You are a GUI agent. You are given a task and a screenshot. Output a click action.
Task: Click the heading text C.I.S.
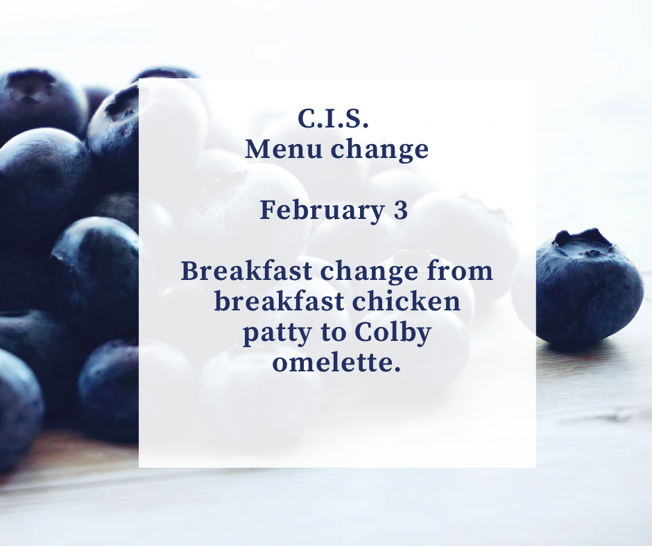click(334, 118)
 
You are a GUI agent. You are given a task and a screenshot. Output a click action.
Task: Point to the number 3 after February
click(401, 210)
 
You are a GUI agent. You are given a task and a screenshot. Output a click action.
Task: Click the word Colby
click(393, 333)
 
